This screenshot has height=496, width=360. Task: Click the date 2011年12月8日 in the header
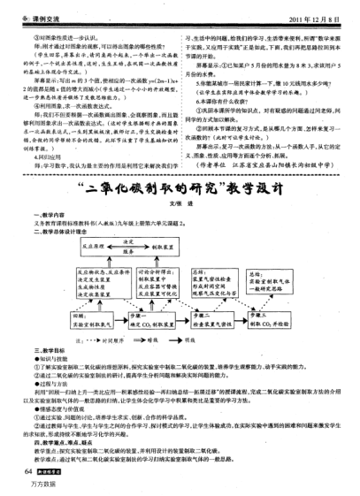click(313, 18)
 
